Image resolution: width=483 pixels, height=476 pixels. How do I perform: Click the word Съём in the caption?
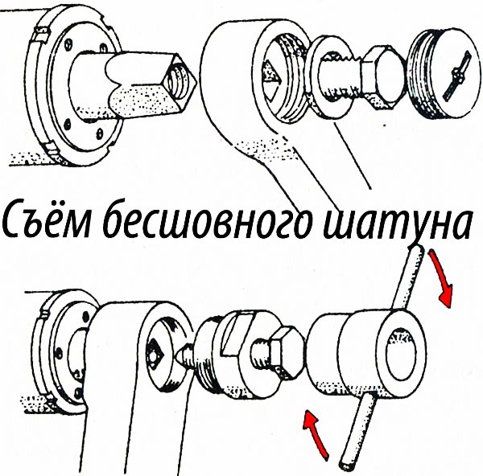pyautogui.click(x=46, y=220)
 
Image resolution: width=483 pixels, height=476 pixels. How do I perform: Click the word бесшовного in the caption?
pyautogui.click(x=204, y=220)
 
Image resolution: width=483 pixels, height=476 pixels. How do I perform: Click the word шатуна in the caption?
pyautogui.click(x=396, y=223)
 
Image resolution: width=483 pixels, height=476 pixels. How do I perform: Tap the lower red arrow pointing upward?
pyautogui.click(x=315, y=434)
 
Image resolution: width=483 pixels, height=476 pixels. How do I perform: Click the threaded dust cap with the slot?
pyautogui.click(x=444, y=74)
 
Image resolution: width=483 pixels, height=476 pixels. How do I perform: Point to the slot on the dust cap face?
pyautogui.click(x=456, y=76)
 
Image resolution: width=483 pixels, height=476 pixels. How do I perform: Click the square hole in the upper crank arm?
pyautogui.click(x=271, y=80)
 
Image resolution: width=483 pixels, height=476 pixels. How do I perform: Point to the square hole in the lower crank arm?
pyautogui.click(x=156, y=353)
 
